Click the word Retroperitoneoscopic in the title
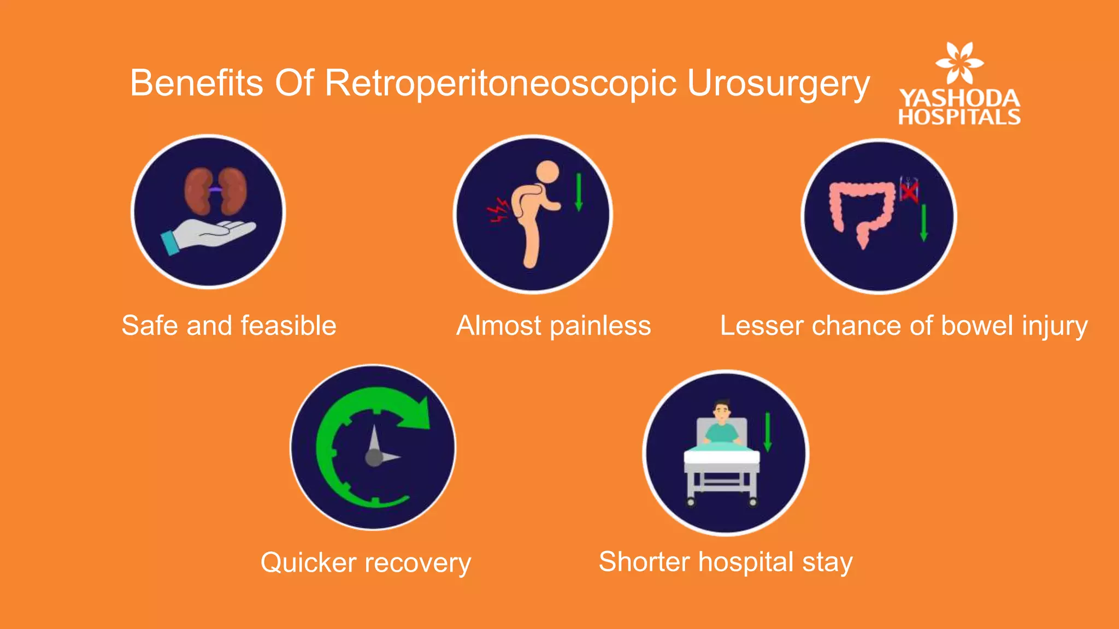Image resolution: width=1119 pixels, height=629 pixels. point(501,84)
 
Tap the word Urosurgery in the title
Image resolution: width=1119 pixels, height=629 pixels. point(778,84)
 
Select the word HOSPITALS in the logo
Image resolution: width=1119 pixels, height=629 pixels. point(959,117)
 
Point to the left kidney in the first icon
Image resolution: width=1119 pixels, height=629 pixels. point(197,191)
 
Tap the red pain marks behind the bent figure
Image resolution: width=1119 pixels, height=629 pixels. point(498,210)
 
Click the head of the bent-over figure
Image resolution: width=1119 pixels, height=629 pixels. point(547,171)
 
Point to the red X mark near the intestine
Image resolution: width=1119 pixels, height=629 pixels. point(909,191)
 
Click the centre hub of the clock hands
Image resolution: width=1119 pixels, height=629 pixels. point(374,458)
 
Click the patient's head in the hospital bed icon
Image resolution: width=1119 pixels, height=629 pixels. point(722,411)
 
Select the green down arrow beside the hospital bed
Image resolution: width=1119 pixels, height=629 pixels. point(767,432)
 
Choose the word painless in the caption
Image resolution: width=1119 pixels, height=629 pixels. point(600,326)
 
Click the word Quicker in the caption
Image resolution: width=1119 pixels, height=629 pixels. point(308,562)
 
